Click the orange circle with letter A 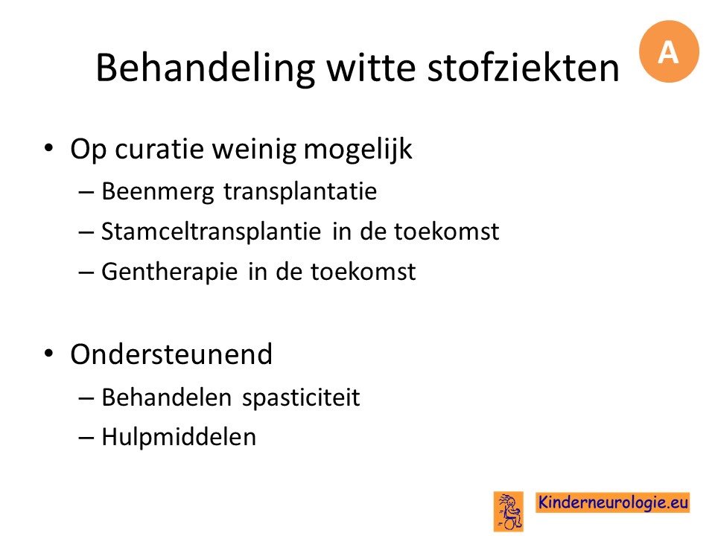669,51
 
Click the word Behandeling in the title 206,68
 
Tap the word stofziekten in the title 524,68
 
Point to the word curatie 159,149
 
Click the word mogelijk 358,150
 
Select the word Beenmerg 157,192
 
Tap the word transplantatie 300,191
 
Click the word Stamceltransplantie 211,232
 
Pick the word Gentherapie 169,272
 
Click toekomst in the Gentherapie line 363,272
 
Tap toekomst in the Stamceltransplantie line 446,231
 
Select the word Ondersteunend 171,354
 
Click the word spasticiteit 301,398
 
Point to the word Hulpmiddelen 179,437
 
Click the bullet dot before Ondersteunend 49,354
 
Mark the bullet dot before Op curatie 49,148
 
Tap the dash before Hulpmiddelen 86,438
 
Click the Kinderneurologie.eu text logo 612,502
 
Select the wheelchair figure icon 509,511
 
